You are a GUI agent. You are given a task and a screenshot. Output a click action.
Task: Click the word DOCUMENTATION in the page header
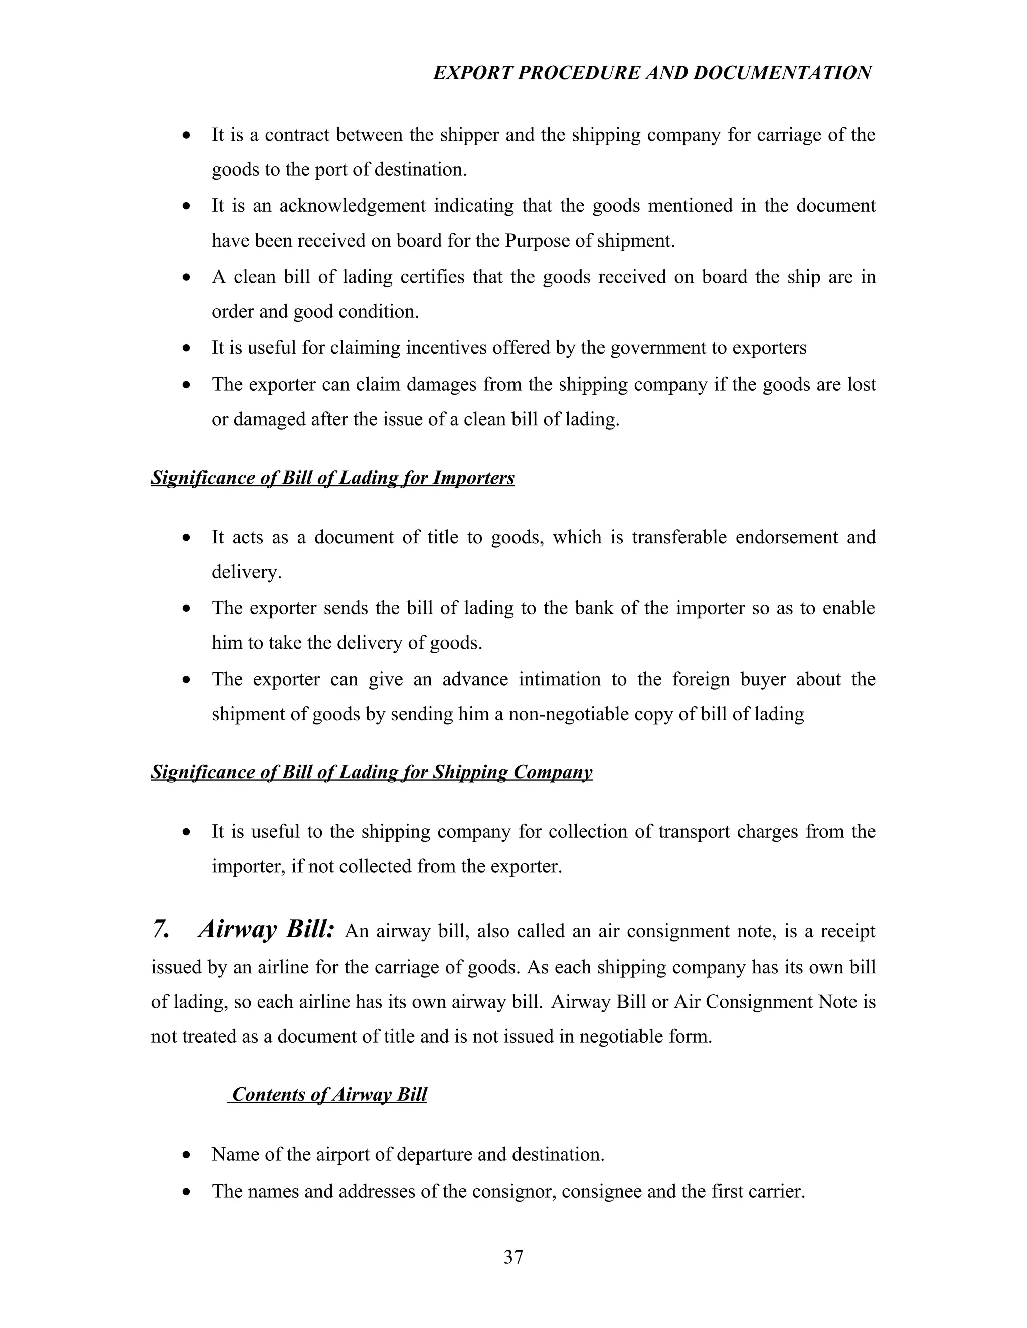click(782, 73)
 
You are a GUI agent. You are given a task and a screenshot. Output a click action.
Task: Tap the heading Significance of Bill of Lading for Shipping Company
click(371, 772)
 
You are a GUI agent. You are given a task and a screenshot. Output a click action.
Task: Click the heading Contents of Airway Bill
click(329, 1094)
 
